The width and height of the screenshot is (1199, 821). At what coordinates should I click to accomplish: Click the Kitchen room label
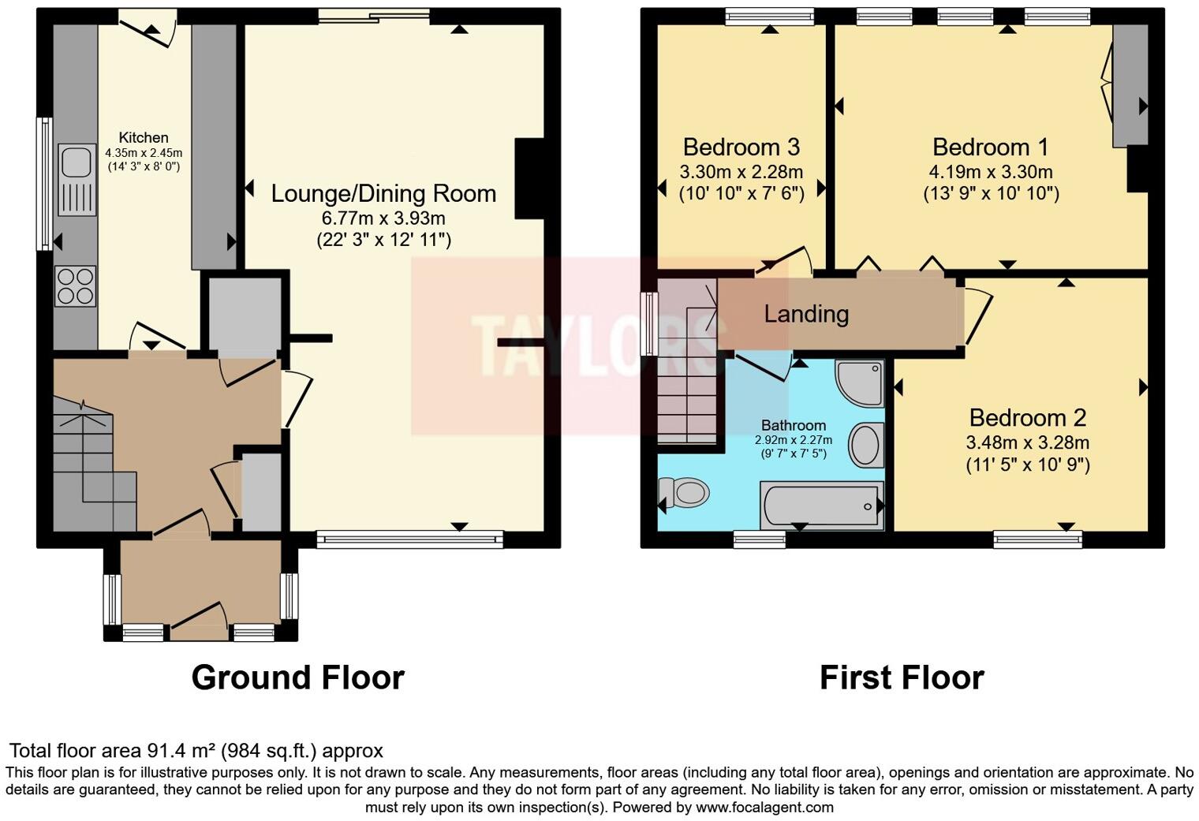tap(144, 138)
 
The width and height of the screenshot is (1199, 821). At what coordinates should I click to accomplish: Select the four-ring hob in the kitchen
tap(76, 285)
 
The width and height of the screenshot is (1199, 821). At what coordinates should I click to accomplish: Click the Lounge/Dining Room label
tap(383, 193)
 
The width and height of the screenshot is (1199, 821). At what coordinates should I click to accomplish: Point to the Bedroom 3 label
tap(741, 147)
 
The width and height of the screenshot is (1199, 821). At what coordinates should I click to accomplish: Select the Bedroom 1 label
tap(991, 147)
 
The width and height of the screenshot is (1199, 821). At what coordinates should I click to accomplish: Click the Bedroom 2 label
tap(1027, 417)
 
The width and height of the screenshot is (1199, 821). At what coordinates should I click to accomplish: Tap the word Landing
tap(806, 314)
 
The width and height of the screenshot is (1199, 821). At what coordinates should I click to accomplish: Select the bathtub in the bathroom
tap(820, 505)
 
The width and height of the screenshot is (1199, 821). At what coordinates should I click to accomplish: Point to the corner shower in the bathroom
tap(861, 382)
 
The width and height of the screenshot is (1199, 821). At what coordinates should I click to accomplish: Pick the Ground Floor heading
tap(297, 677)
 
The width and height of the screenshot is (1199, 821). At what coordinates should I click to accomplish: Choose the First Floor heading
tap(902, 677)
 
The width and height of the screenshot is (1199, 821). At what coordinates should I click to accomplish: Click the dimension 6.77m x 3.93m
tap(383, 218)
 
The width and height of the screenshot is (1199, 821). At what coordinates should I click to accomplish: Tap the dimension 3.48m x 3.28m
tap(1027, 442)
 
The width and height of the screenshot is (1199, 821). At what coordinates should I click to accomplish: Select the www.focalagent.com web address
tap(764, 807)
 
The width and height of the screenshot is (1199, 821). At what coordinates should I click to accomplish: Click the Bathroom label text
tap(793, 426)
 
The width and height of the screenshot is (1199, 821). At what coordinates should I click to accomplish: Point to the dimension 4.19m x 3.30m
tap(991, 172)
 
